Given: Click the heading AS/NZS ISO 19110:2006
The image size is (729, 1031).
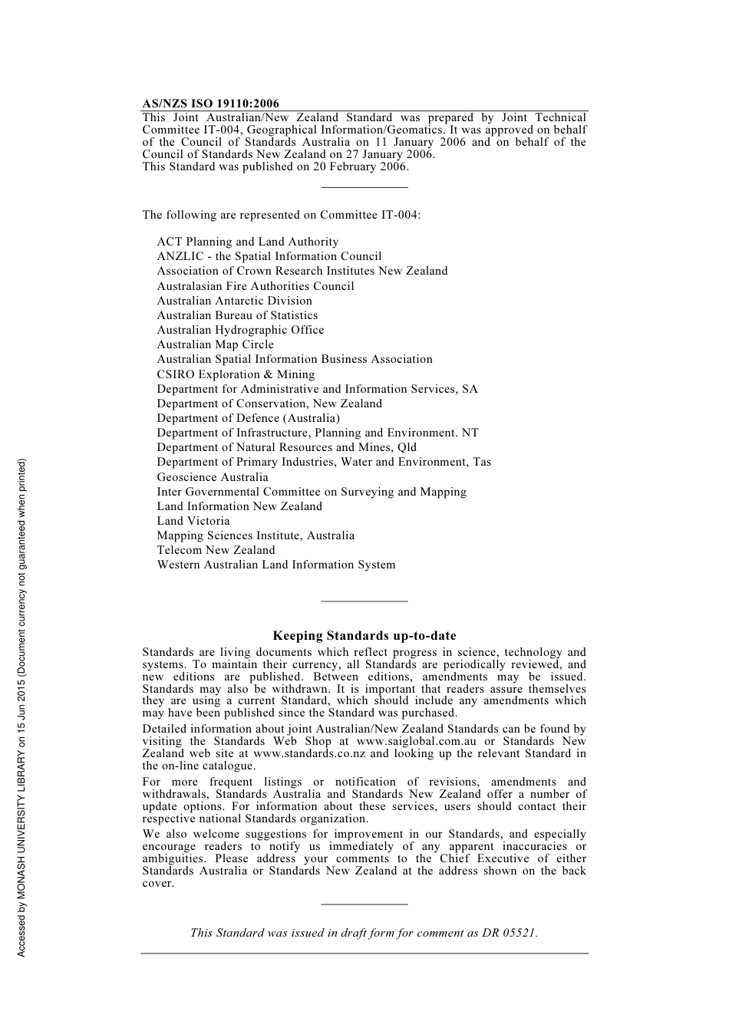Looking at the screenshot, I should click(210, 104).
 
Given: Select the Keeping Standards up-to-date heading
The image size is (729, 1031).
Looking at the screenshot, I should click(364, 636).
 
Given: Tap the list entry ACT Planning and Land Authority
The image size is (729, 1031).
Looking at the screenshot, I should click(247, 242).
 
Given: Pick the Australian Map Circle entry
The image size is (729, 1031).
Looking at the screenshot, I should click(215, 344).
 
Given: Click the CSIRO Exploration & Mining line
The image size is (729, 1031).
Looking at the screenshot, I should click(236, 374).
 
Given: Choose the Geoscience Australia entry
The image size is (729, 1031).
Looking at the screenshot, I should click(213, 477).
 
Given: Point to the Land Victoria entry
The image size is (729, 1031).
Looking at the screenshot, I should click(193, 521).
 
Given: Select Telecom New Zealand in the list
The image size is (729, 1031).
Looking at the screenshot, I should click(216, 550).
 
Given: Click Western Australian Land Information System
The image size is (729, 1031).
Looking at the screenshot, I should click(276, 565).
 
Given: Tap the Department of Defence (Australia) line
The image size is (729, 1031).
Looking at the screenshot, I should click(248, 418).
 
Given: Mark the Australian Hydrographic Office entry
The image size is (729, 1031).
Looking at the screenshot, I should click(240, 330).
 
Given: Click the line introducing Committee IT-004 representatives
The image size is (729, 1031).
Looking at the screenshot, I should click(281, 215).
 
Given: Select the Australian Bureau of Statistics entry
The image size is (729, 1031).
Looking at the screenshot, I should click(237, 315).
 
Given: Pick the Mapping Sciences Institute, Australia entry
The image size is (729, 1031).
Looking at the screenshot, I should click(256, 535).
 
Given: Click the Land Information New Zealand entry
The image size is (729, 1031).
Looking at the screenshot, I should click(239, 506).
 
